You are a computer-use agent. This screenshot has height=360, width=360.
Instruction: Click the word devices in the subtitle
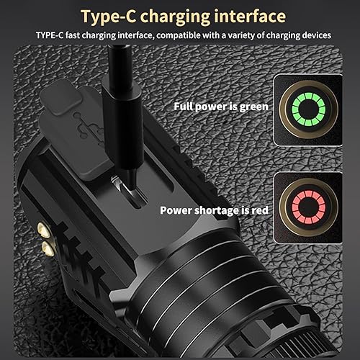[312, 35]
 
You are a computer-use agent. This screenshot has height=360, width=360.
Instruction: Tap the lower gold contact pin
[47, 248]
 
